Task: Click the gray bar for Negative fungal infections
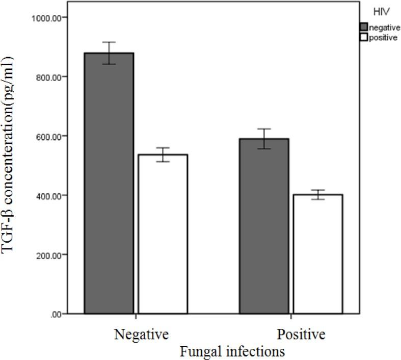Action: pos(109,184)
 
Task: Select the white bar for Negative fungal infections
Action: pos(163,234)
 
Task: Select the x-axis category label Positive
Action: pos(301,335)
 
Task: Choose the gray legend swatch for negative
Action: pos(364,27)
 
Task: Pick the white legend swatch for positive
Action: pos(364,37)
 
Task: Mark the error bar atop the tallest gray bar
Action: pos(109,53)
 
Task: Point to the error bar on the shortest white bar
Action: pos(318,195)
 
